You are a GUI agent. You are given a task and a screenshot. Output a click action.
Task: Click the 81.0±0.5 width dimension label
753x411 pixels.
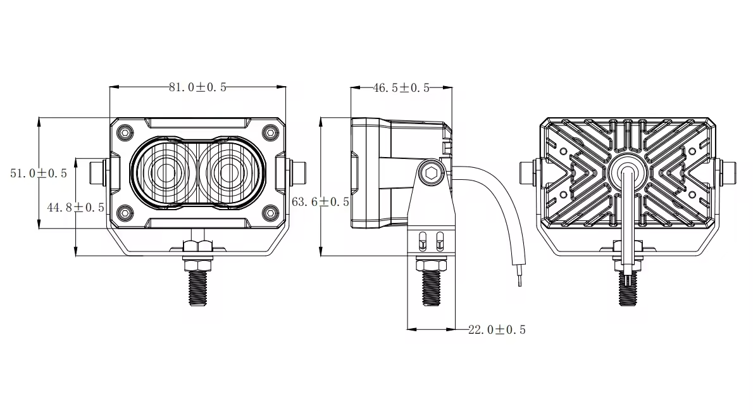point(197,88)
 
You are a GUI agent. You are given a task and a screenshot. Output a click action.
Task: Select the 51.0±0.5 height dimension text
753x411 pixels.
point(39,173)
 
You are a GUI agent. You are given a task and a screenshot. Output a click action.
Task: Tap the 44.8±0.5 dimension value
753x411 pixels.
point(75,207)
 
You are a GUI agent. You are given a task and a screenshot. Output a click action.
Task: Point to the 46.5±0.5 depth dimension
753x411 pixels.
point(401,88)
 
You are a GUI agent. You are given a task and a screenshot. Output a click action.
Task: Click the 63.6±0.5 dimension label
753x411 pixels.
point(320,202)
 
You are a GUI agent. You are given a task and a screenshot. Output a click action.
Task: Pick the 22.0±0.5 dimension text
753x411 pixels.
point(497,329)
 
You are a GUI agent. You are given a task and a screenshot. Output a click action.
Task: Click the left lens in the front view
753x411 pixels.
point(166,172)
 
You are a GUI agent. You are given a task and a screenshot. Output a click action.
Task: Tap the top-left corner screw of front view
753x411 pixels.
point(124,132)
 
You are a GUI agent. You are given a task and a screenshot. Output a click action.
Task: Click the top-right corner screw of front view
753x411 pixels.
point(270,132)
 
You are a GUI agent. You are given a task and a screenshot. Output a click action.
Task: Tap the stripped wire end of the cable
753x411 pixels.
point(520,277)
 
